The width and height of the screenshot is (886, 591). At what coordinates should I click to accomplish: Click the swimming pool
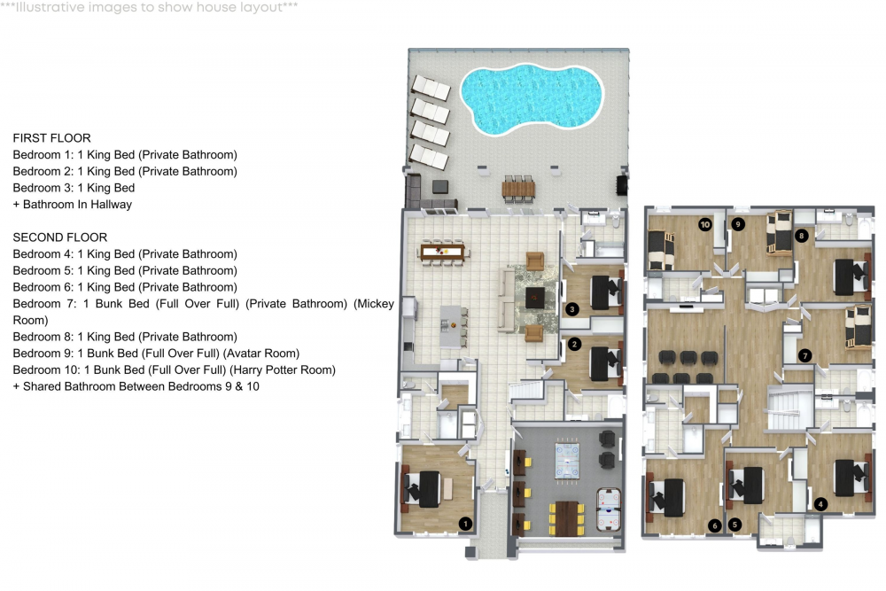click(531, 99)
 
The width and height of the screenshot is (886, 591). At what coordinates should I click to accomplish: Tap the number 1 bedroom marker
click(465, 524)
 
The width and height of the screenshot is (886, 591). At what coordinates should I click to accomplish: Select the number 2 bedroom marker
click(575, 344)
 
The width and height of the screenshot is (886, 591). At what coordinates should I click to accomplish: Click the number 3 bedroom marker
click(571, 309)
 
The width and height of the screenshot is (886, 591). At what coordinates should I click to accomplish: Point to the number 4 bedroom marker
click(820, 504)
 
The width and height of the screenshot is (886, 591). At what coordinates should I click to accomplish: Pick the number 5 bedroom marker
click(734, 525)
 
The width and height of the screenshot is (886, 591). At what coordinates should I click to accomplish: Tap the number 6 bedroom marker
click(715, 525)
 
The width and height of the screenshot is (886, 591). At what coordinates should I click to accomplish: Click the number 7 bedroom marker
click(805, 355)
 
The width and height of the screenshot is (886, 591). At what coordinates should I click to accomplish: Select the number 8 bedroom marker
click(801, 236)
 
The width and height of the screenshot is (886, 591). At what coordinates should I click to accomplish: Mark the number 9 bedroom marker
click(737, 224)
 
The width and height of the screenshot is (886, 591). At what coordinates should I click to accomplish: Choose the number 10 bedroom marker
click(704, 224)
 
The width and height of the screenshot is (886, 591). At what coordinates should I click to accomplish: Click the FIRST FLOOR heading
click(52, 138)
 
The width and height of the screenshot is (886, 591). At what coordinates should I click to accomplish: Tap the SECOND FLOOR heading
click(60, 237)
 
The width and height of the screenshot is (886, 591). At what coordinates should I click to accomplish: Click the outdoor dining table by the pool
click(518, 190)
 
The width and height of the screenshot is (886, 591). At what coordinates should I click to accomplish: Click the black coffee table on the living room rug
click(535, 298)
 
